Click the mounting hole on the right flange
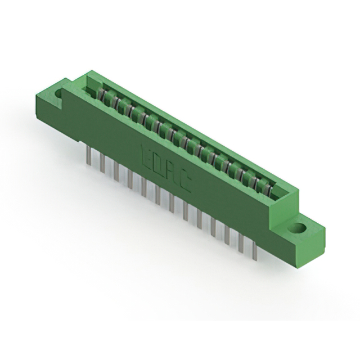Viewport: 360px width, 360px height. (298, 228)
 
